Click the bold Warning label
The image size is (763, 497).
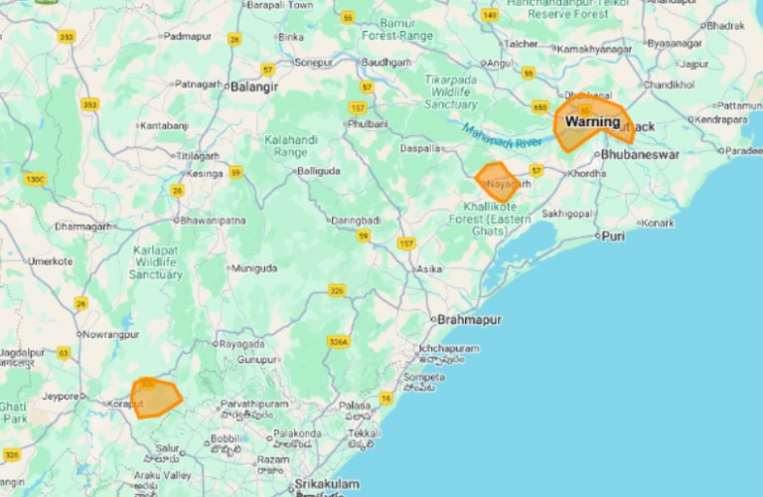coord(592,122)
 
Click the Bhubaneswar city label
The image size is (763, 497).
coord(640,155)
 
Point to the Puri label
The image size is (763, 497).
coord(614,237)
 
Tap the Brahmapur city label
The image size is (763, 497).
coord(469,319)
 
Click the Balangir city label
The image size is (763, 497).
coord(254,86)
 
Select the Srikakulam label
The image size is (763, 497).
coord(325,484)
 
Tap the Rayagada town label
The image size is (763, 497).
coord(242,344)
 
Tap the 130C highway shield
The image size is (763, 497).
coord(35,179)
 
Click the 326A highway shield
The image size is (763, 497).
coord(339,342)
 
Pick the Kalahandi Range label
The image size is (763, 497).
coord(291,147)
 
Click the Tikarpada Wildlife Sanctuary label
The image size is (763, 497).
coord(451,90)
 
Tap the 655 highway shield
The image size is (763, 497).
coord(540,107)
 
